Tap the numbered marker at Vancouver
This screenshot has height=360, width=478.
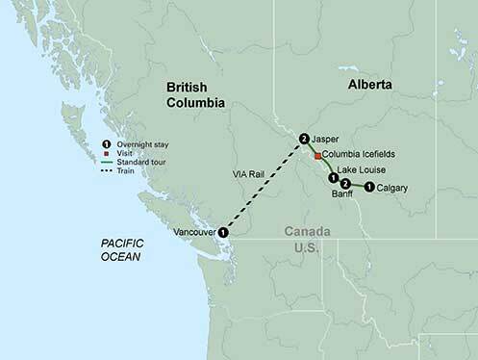click(x=223, y=232)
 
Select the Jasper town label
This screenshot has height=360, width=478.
click(x=327, y=138)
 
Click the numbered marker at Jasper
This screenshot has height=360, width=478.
click(x=305, y=139)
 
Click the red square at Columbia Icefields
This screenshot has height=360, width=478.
click(x=318, y=154)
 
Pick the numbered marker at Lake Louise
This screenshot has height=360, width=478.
click(x=333, y=178)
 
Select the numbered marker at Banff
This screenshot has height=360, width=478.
click(x=344, y=184)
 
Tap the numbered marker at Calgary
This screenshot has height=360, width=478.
click(x=369, y=187)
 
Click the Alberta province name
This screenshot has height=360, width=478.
click(x=368, y=85)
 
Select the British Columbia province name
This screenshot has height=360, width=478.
click(x=194, y=92)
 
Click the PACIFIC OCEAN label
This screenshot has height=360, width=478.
click(x=122, y=250)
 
